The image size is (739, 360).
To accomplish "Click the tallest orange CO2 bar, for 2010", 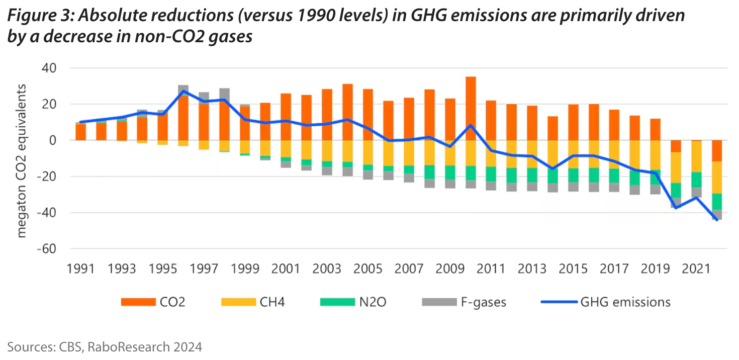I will tap(471, 108).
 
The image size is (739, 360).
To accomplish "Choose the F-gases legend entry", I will tap(463, 302).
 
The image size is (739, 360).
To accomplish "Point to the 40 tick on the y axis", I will tap(48, 68).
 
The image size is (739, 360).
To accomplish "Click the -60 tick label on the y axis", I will tap(46, 249).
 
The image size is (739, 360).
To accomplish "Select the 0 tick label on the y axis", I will tap(51, 140).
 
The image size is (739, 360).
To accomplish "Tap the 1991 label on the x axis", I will tap(80, 269).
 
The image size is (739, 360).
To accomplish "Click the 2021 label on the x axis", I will tap(697, 269).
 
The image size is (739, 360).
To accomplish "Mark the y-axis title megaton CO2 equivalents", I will tap(22, 161).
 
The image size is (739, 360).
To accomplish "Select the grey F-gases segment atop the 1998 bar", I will tap(224, 94).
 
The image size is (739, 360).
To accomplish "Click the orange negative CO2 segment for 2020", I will tap(676, 146).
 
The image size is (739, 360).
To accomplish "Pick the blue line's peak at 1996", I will tap(183, 92).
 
